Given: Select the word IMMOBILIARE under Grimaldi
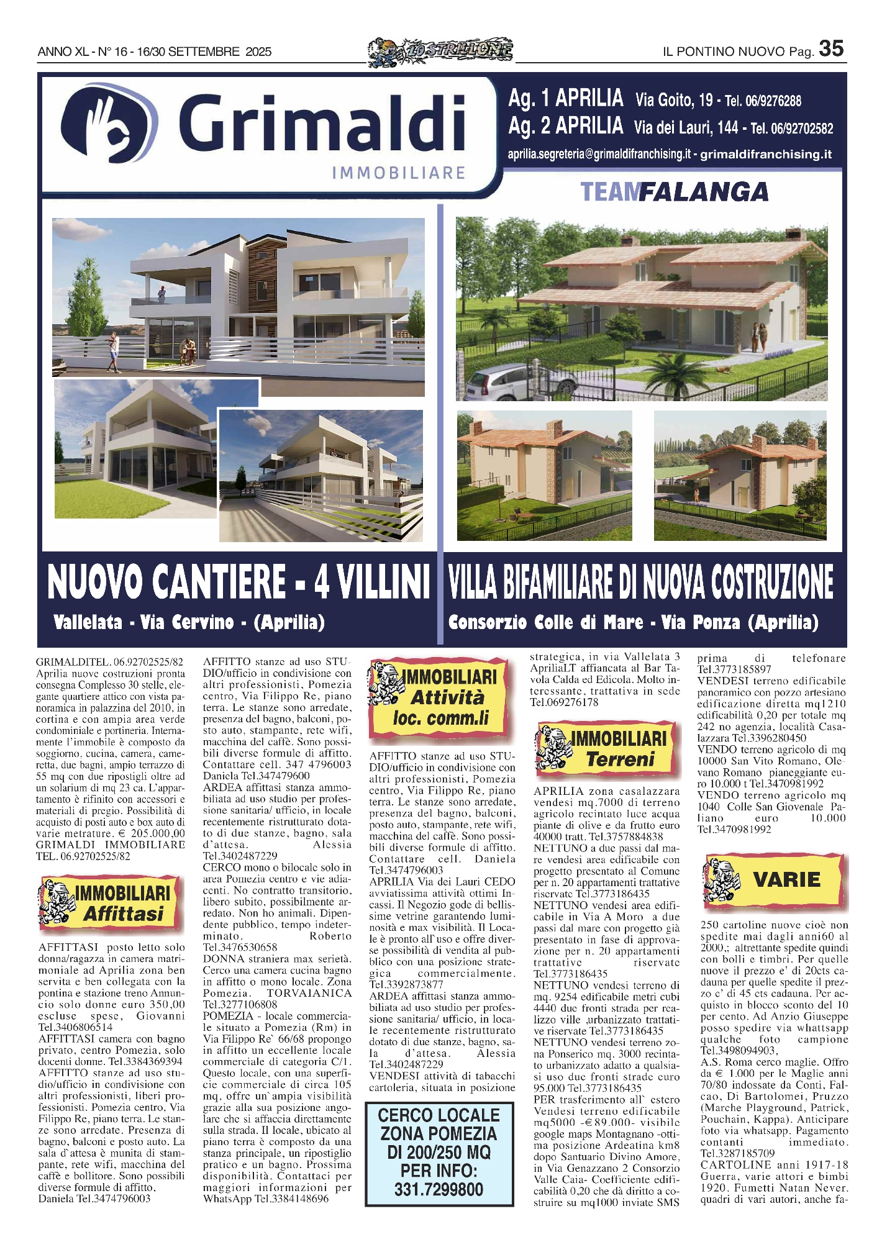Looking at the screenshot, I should pos(398,173).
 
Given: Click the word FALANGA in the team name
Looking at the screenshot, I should pos(704,193).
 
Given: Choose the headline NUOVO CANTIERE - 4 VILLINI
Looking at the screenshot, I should pos(239,582).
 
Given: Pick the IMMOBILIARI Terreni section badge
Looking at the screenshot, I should pos(605,749).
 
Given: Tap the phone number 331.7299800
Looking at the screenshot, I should pos(439,1189).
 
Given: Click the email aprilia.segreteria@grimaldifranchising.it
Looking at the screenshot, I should pos(599,154).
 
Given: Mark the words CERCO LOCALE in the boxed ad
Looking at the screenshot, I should pos(439,1115).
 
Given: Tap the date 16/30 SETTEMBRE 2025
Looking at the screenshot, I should pos(204,52).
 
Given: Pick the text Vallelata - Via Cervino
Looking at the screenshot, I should pos(143,622).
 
